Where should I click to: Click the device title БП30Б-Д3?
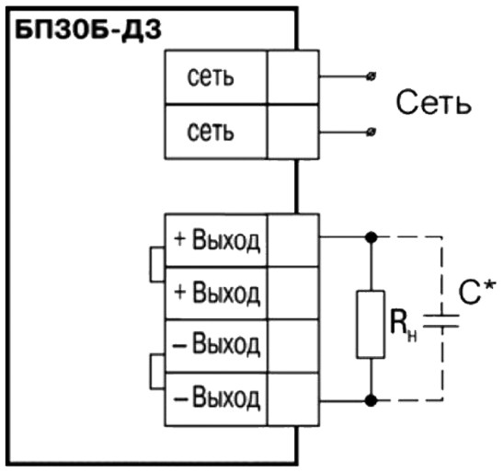(x=88, y=31)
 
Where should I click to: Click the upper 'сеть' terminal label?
(x=211, y=77)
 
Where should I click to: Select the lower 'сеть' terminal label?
(x=211, y=132)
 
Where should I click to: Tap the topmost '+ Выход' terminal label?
(x=216, y=240)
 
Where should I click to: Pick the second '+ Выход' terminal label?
(x=216, y=293)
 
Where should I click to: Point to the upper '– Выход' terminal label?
(x=216, y=344)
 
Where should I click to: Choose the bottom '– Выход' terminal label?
(x=216, y=398)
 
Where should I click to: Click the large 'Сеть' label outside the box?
(x=433, y=102)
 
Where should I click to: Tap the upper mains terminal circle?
(x=372, y=76)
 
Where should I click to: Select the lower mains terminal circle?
(x=372, y=132)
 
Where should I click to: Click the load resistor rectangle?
(x=371, y=324)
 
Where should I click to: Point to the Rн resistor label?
(x=404, y=324)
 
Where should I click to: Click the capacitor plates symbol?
(x=441, y=321)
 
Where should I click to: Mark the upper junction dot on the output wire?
(x=372, y=237)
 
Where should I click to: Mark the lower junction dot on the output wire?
(x=372, y=400)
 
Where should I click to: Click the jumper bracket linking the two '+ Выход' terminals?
(x=151, y=265)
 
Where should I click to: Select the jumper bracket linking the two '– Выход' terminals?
(x=151, y=372)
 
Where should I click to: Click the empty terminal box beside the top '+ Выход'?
(x=293, y=240)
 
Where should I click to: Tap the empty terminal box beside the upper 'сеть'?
(x=293, y=77)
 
